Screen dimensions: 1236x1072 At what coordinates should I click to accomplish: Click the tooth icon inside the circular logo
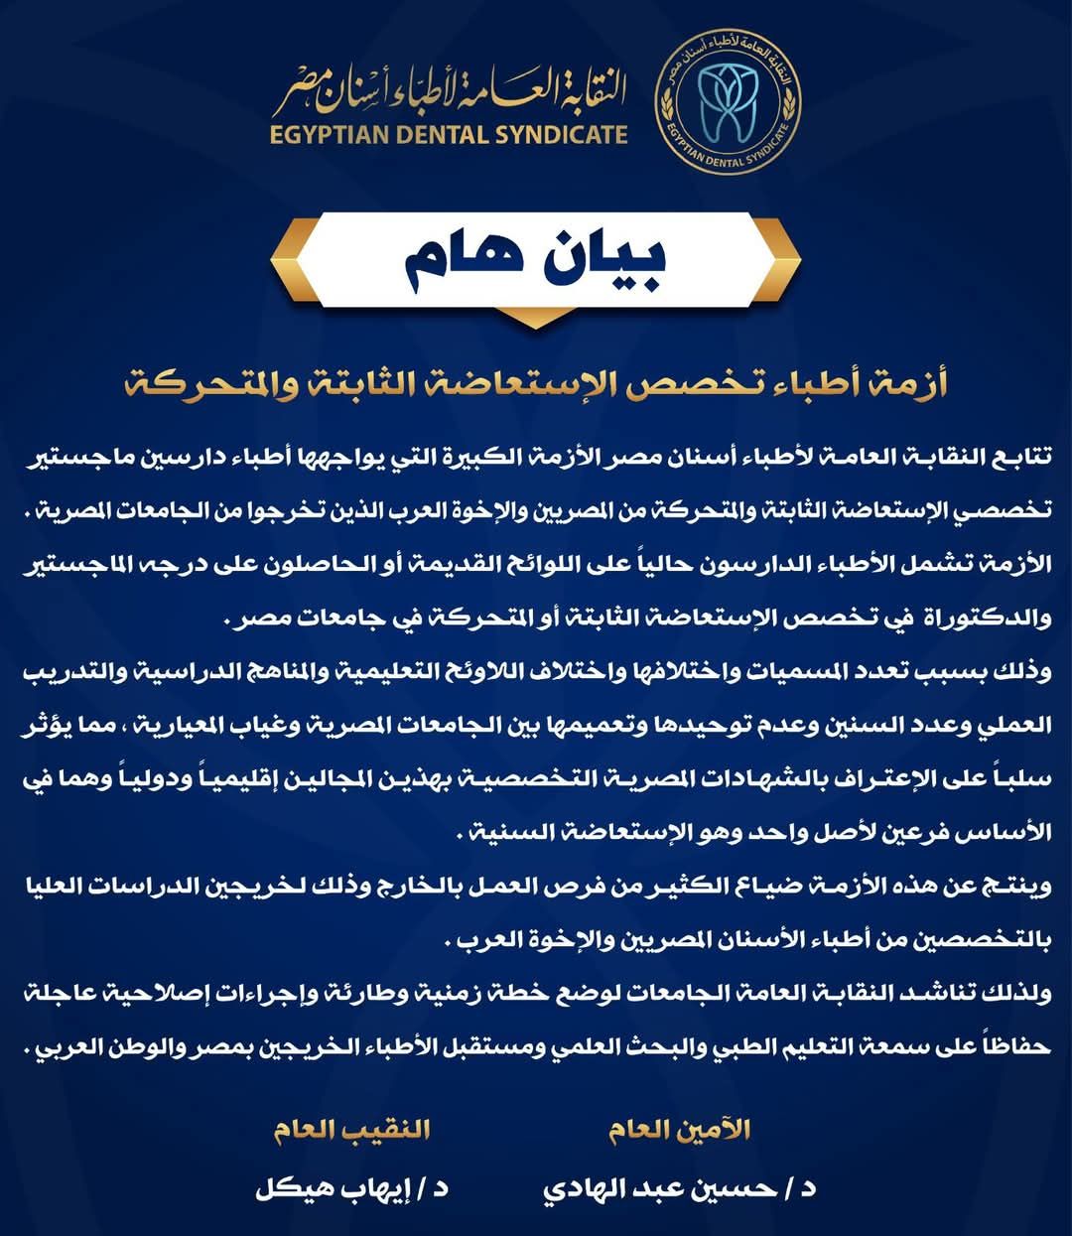[x=729, y=102]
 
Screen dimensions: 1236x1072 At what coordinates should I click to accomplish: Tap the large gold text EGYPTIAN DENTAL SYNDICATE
[x=449, y=134]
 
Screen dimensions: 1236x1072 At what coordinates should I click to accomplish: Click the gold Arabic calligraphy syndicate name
[x=452, y=91]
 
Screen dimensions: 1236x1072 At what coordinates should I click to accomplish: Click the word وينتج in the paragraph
[x=1015, y=886]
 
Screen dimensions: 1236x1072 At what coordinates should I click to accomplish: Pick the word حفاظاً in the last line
[x=1010, y=1046]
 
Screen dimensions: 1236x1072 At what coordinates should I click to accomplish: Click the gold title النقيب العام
[x=351, y=1130]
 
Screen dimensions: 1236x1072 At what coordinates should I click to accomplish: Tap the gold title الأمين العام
[x=679, y=1130]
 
